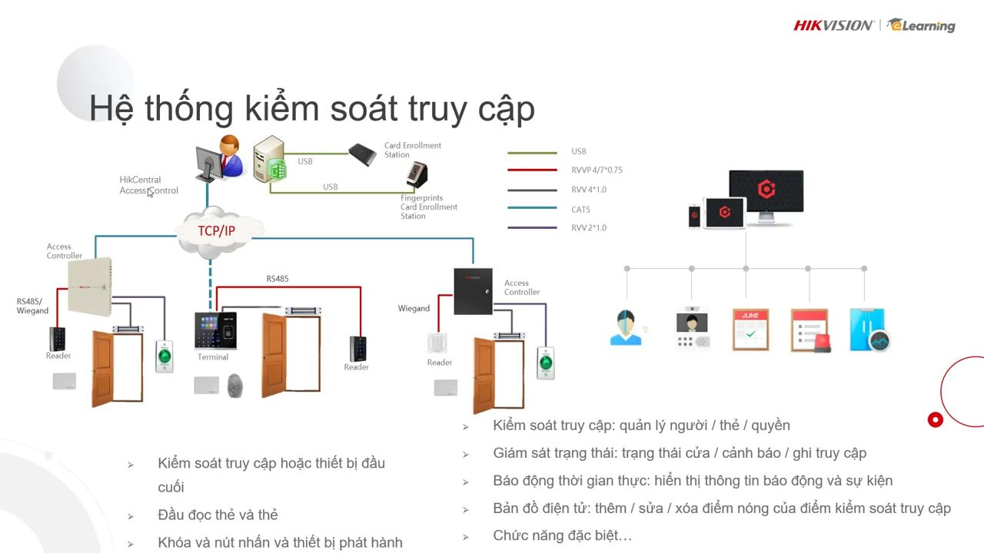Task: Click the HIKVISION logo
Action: [833, 25]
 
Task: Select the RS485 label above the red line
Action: [278, 279]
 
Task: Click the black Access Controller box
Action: [473, 291]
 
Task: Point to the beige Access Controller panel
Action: [90, 286]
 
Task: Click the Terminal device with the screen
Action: [215, 330]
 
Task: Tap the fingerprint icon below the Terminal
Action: [235, 386]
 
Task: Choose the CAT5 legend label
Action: [580, 210]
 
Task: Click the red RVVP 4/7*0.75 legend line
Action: [532, 170]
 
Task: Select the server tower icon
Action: [270, 159]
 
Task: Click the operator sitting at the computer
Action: [220, 159]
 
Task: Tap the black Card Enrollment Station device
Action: [362, 154]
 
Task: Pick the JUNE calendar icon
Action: [751, 329]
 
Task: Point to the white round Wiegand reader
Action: [437, 343]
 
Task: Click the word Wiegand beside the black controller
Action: [414, 309]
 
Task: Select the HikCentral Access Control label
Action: [149, 185]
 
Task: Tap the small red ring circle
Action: [936, 420]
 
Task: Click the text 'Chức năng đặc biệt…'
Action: [562, 535]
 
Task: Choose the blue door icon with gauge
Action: [869, 330]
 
